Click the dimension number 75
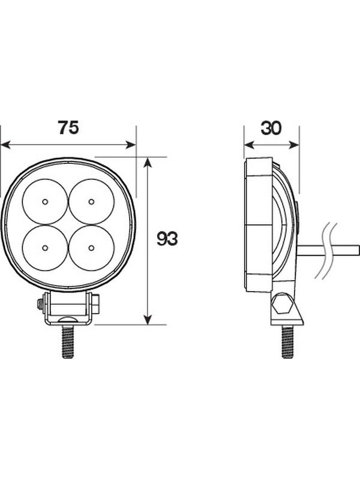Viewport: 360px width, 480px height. tap(68, 127)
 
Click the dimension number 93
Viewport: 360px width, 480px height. tap(167, 239)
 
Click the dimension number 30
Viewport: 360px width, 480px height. tap(271, 128)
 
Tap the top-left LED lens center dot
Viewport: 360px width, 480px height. tap(45, 202)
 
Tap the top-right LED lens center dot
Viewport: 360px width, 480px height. tap(91, 202)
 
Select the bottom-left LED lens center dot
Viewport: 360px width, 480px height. tap(45, 248)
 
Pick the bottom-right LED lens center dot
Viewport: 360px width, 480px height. tap(91, 248)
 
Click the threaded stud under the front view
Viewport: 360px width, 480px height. tap(68, 341)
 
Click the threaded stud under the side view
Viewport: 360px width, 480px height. tap(287, 341)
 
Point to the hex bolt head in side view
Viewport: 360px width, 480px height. tap(282, 304)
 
